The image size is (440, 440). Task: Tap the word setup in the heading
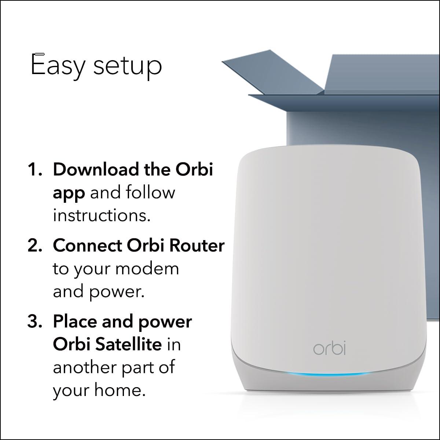[128, 66]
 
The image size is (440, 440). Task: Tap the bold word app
[69, 193]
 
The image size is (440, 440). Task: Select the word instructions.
[102, 215]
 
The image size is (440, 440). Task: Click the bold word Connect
[87, 246]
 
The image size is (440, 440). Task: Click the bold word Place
[75, 322]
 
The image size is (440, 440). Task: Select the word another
[82, 367]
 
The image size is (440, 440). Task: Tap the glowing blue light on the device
[330, 376]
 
